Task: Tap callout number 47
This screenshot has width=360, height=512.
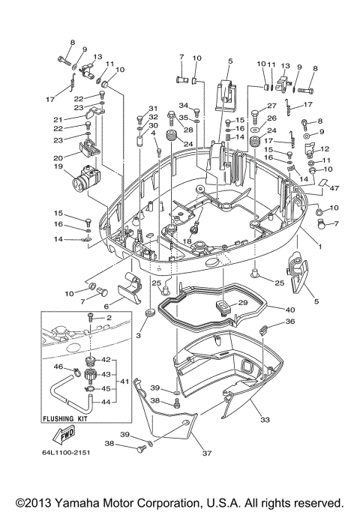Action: click(334, 190)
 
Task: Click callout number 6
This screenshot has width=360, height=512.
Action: click(106, 306)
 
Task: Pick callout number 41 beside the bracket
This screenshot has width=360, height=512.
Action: click(124, 382)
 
